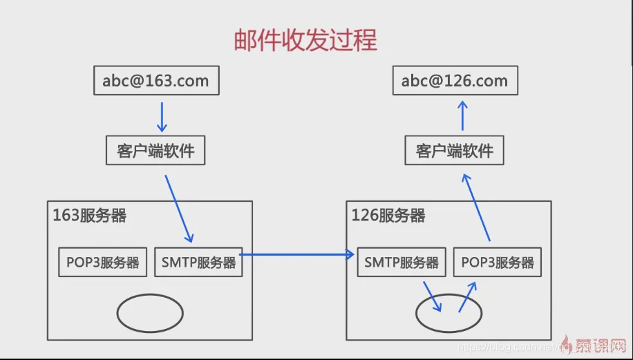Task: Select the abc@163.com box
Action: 156,81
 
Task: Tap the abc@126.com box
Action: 455,81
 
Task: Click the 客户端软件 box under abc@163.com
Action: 155,151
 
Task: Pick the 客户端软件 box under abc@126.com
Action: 455,151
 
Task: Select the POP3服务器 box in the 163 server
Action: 103,262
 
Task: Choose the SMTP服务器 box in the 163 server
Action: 198,262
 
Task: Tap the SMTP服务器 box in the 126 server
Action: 401,262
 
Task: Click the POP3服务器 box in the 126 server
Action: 498,262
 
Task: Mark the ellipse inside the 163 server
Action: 149,314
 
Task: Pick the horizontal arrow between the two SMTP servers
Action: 297,255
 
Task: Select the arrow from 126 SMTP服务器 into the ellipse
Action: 433,296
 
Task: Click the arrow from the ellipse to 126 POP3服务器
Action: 468,296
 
